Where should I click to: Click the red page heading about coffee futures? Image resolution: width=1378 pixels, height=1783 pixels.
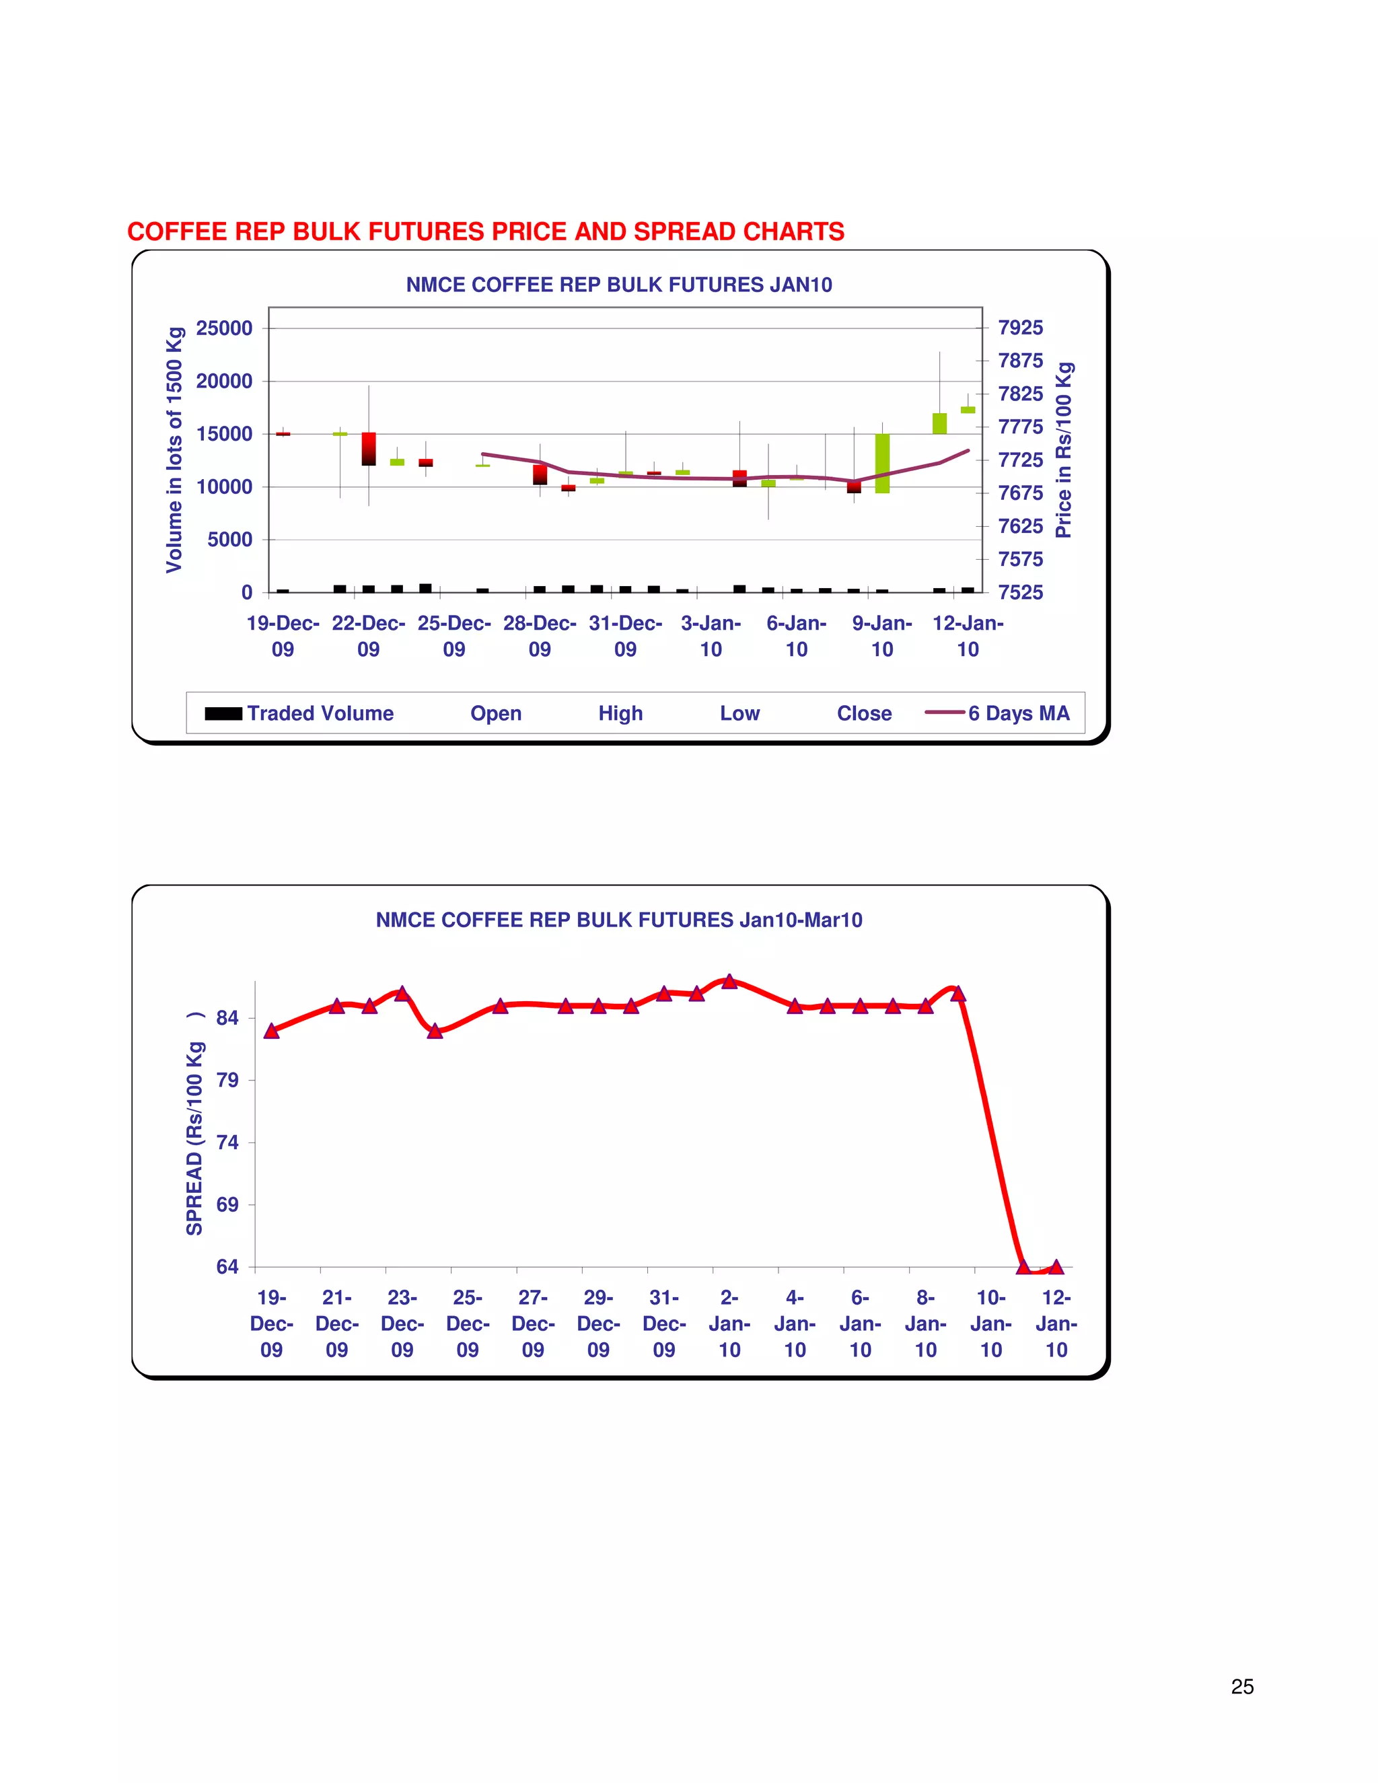[x=486, y=232]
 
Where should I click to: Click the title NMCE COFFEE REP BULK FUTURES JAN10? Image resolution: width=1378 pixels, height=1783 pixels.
[x=619, y=285]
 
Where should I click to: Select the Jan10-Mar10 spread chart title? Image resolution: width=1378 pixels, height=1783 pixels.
[x=619, y=920]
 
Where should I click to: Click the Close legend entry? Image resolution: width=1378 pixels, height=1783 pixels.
[x=864, y=713]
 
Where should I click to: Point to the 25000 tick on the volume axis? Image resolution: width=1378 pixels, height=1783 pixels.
[x=225, y=328]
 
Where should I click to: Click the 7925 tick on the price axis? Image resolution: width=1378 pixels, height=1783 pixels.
[x=1021, y=328]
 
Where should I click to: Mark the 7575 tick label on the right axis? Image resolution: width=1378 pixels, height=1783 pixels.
[x=1021, y=559]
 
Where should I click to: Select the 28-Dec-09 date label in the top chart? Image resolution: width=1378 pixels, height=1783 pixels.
[x=540, y=636]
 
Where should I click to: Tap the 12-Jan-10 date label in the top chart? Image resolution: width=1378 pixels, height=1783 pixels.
[x=968, y=636]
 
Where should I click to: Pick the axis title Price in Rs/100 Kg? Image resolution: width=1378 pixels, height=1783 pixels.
[x=1063, y=450]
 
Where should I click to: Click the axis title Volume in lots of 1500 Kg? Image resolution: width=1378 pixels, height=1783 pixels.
[x=175, y=450]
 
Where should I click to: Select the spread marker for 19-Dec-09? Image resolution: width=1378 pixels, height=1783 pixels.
[x=272, y=1031]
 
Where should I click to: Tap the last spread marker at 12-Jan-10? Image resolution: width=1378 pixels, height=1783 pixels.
[x=1056, y=1267]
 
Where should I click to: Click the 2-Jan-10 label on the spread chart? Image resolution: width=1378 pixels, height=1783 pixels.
[x=729, y=1323]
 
